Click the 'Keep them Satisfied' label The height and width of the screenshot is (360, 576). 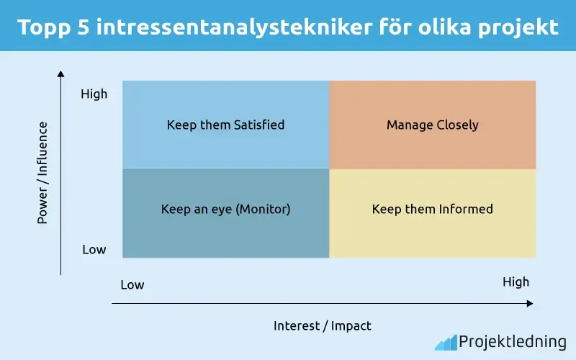coord(225,125)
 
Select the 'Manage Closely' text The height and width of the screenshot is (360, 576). coord(432,125)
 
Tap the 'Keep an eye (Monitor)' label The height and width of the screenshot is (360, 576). coord(225,210)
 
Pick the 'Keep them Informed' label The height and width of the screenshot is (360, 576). coord(432,210)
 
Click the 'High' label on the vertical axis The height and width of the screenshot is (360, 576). coord(94,94)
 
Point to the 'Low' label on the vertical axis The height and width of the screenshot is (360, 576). coord(94,250)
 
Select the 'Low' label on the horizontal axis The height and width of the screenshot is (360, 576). coord(132,284)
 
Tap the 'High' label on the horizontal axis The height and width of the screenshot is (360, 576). coord(516,282)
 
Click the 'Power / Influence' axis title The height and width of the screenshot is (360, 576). coord(42,173)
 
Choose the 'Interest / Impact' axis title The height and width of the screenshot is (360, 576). coord(322,325)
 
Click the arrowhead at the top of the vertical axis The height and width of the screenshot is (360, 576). coord(61,73)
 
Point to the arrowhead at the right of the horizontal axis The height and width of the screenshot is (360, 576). coord(530,304)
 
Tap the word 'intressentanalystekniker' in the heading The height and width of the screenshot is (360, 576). coord(235,27)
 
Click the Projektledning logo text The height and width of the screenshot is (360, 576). coord(512,342)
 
